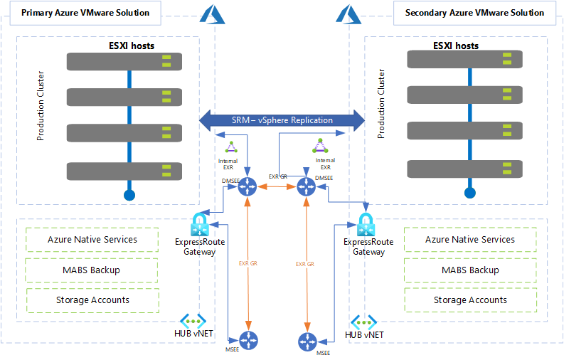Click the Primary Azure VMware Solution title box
pyautogui.click(x=85, y=13)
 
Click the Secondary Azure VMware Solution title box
pyautogui.click(x=474, y=13)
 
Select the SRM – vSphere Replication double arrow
pyautogui.click(x=282, y=120)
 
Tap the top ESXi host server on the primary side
pyautogui.click(x=124, y=61)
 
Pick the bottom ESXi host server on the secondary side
pyautogui.click(x=464, y=169)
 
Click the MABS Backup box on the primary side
pyautogui.click(x=91, y=270)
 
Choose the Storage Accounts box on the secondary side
pyautogui.click(x=471, y=300)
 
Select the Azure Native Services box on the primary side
pyautogui.click(x=92, y=240)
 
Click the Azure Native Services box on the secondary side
pyautogui.click(x=470, y=240)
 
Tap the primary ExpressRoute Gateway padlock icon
pyautogui.click(x=200, y=225)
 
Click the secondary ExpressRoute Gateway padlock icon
pyautogui.click(x=366, y=225)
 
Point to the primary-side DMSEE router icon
pyautogui.click(x=248, y=186)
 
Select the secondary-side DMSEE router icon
pyautogui.click(x=306, y=186)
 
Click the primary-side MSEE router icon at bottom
pyautogui.click(x=248, y=340)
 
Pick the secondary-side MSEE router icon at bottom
pyautogui.click(x=307, y=342)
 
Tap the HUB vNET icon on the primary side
pyautogui.click(x=193, y=321)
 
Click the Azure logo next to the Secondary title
pyautogui.click(x=348, y=14)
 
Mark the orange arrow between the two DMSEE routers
pyautogui.click(x=277, y=186)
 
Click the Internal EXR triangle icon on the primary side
pyautogui.click(x=231, y=147)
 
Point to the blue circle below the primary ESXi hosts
pyautogui.click(x=129, y=195)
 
